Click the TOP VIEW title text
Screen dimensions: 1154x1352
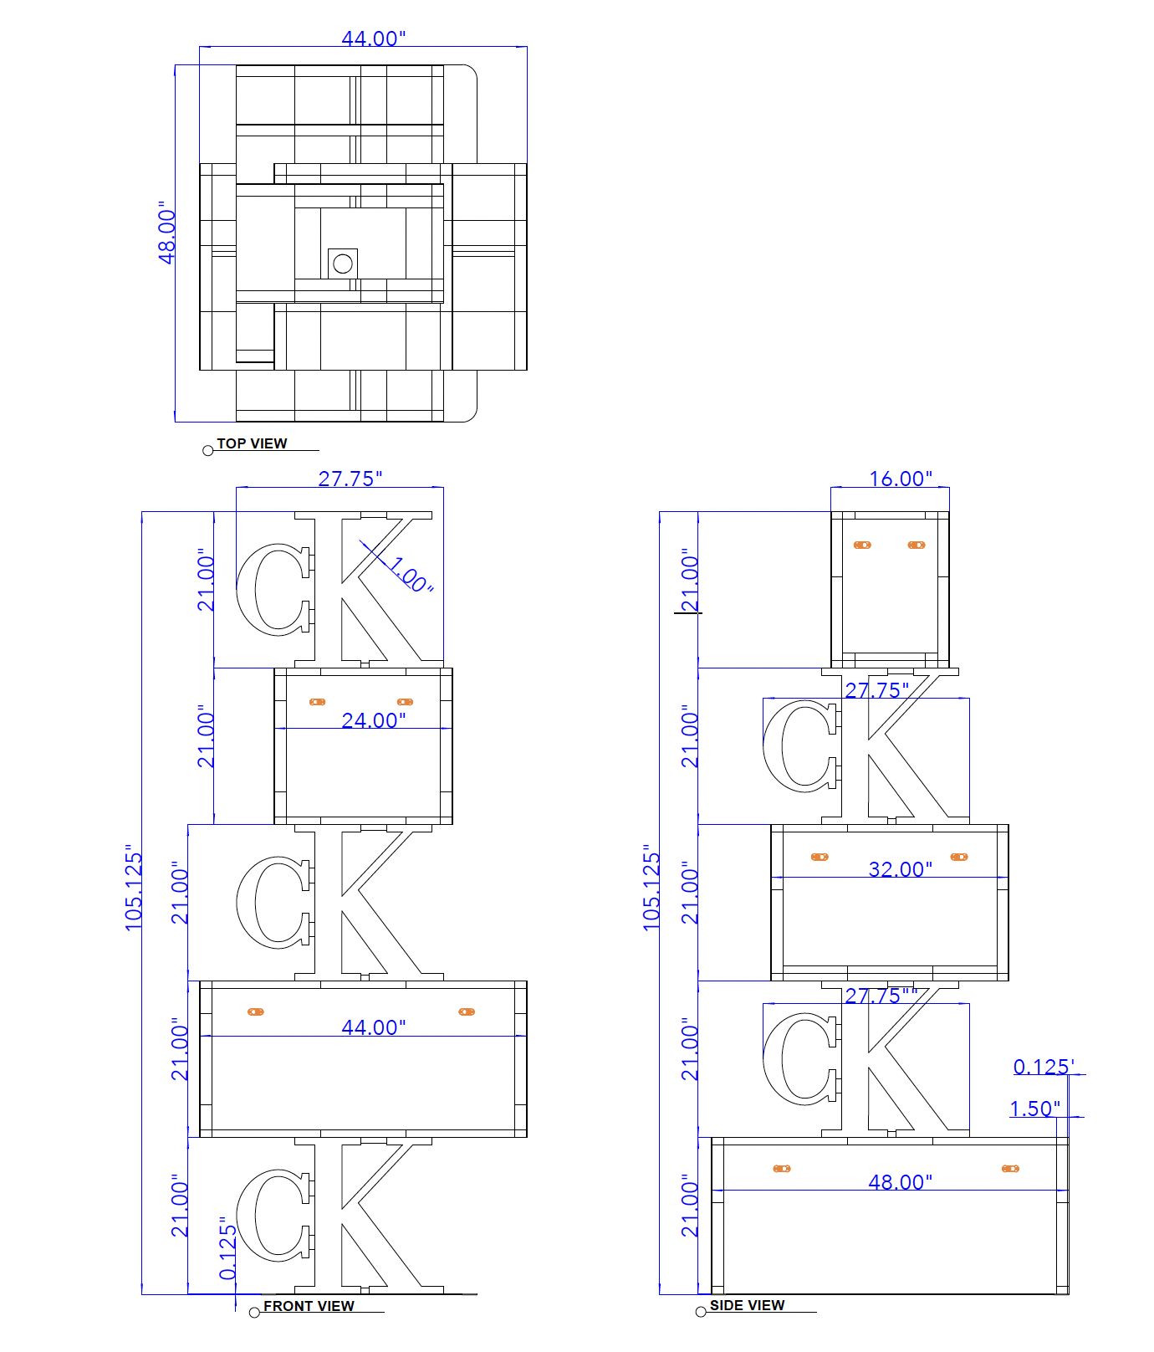tap(252, 443)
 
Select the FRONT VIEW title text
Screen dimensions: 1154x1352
tap(309, 1306)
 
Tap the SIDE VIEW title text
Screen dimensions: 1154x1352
tap(747, 1305)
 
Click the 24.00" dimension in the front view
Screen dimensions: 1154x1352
tap(374, 720)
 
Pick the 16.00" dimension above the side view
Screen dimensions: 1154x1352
tap(901, 479)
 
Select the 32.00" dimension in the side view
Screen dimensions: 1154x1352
tap(901, 869)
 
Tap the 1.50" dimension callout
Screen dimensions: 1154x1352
tap(1035, 1109)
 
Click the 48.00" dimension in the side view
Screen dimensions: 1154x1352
tap(901, 1182)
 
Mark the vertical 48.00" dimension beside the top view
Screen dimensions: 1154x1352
tap(167, 233)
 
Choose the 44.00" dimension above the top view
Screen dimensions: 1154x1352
tap(374, 38)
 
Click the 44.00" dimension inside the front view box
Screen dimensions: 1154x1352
tap(374, 1027)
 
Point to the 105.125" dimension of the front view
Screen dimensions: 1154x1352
tap(134, 887)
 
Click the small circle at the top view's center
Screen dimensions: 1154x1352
tap(342, 264)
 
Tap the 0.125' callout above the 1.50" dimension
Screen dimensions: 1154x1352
tap(1044, 1067)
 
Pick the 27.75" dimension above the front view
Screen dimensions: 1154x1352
tap(350, 479)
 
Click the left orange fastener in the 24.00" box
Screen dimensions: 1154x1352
tap(317, 702)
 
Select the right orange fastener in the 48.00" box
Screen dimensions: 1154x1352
tap(1010, 1168)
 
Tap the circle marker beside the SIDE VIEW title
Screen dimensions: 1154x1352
tap(701, 1311)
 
